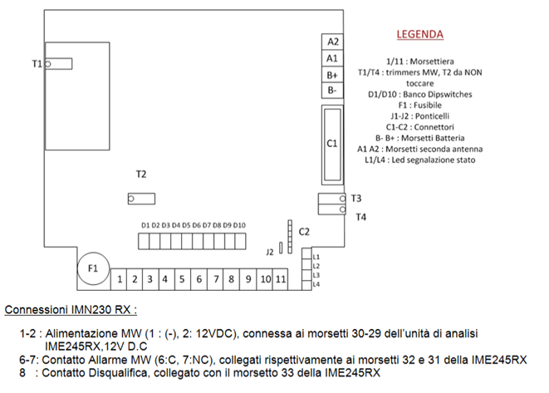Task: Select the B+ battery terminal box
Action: (x=332, y=74)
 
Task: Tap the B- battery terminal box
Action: (x=332, y=90)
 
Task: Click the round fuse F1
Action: (x=93, y=269)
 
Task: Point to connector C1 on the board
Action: (x=331, y=144)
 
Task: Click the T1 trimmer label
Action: (x=37, y=63)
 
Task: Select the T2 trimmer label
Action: (x=141, y=174)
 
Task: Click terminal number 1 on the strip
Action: (x=120, y=279)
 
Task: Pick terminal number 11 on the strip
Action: (x=280, y=279)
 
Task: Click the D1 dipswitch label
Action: (x=145, y=225)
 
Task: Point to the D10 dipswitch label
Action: (x=239, y=225)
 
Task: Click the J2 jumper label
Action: (x=270, y=251)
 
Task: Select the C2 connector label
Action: (x=304, y=231)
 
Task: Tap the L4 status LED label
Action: (x=316, y=284)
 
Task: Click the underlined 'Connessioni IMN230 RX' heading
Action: (x=71, y=310)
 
